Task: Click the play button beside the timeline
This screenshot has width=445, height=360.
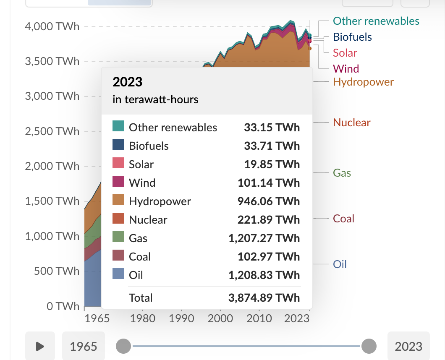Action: coord(40,346)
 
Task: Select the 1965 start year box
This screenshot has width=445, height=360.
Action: coord(83,346)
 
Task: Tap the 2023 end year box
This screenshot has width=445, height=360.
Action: coord(408,346)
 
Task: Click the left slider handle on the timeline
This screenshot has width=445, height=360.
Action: coord(123,346)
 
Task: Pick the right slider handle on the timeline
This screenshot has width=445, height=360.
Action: coord(369,346)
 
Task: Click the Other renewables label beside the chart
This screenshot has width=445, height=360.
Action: coord(376,21)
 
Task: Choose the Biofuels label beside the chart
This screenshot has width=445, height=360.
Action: coord(352,37)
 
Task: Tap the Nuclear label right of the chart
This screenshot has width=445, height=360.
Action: coord(352,123)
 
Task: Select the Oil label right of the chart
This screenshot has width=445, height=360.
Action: coord(340,264)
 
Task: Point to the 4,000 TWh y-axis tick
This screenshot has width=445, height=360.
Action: coord(52,26)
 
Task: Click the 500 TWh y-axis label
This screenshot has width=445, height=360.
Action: coord(57,271)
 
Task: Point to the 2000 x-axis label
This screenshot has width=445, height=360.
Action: coord(220,318)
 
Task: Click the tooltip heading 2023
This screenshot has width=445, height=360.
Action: coord(128,81)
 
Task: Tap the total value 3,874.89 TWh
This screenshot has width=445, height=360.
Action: coord(264,298)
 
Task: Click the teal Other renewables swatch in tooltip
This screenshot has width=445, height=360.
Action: coord(118,126)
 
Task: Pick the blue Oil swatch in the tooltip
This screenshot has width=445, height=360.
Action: coord(118,274)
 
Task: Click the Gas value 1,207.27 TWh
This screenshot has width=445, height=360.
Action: coord(264,238)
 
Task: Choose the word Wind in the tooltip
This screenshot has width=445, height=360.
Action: coord(142,183)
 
